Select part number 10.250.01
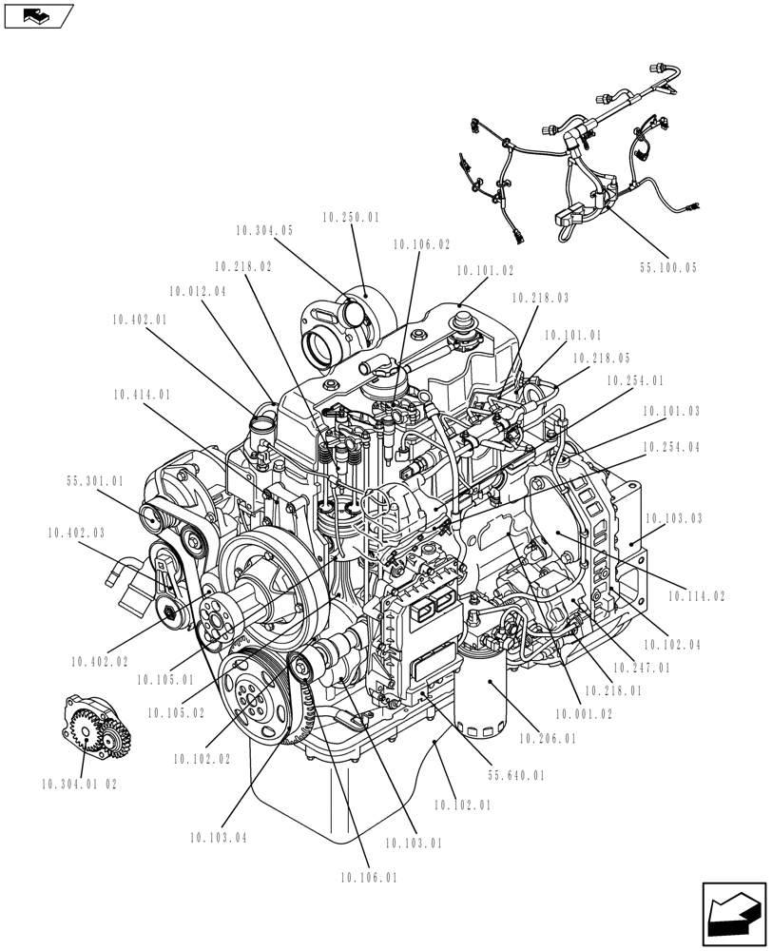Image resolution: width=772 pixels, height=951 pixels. tap(350, 218)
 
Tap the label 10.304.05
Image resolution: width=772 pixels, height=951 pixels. tap(263, 230)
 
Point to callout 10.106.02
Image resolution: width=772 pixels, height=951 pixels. tap(421, 244)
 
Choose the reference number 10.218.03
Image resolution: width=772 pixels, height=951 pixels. tap(540, 299)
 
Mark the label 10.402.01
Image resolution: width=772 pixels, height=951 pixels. tap(139, 320)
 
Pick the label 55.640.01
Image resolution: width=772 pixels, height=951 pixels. tap(516, 776)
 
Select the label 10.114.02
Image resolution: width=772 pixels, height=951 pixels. tap(696, 596)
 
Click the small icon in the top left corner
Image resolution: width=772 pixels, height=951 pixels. tap(37, 15)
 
